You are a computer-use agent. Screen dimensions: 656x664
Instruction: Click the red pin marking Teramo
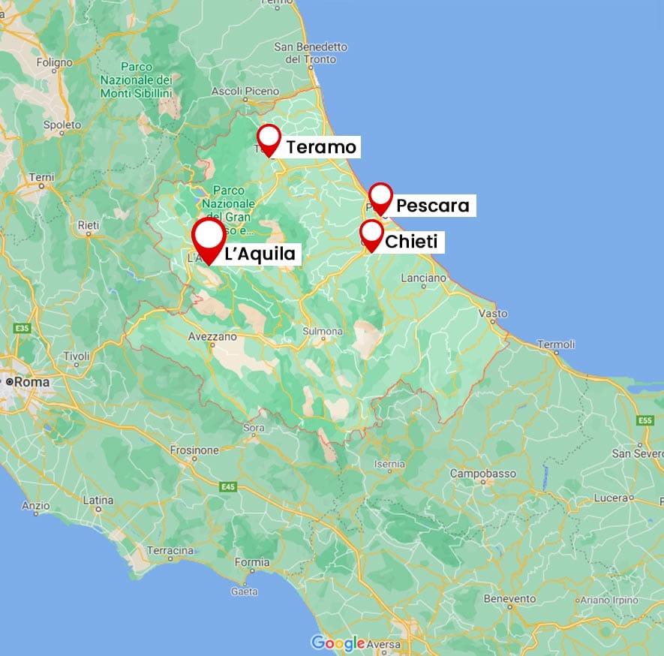(x=269, y=140)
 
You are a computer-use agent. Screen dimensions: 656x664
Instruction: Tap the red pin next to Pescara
(x=381, y=198)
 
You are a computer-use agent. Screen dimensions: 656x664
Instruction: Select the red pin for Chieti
(x=371, y=234)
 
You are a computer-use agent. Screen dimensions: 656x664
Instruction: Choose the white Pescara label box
(x=432, y=205)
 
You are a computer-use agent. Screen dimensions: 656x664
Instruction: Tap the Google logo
(x=338, y=643)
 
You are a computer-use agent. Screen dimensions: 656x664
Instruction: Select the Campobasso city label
(x=482, y=474)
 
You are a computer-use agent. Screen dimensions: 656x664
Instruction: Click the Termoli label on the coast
(x=555, y=345)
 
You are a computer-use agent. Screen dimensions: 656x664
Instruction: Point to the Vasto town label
(x=492, y=313)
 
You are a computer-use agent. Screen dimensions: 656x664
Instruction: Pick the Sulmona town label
(x=323, y=331)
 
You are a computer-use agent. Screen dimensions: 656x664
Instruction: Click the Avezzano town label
(x=212, y=337)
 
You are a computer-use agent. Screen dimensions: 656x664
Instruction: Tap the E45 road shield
(x=229, y=487)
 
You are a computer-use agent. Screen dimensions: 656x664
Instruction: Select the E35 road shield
(x=22, y=329)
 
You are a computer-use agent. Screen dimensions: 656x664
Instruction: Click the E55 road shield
(x=644, y=420)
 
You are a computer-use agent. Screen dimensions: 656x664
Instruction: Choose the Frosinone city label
(x=194, y=450)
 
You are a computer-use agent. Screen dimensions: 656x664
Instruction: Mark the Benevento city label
(x=510, y=598)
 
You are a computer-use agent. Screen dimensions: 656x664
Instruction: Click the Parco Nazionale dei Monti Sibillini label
(x=137, y=80)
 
